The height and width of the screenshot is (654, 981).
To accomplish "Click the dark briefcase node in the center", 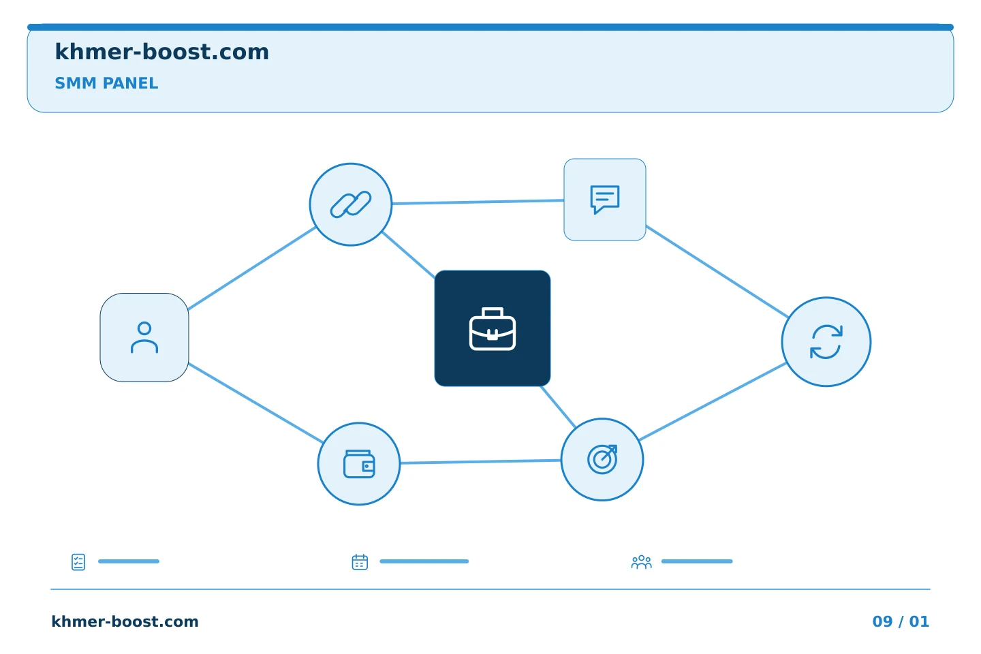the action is tap(493, 328).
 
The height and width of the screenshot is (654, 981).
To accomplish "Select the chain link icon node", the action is tap(350, 204).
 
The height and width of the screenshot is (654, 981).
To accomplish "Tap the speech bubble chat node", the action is tap(605, 200).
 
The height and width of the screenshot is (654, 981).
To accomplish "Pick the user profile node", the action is tap(144, 337).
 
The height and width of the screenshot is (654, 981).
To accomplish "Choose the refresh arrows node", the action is tap(826, 342).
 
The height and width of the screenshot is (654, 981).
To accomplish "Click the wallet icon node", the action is tap(358, 463).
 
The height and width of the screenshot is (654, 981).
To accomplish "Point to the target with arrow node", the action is tap(602, 460).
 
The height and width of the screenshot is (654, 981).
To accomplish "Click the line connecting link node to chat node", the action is tap(478, 202).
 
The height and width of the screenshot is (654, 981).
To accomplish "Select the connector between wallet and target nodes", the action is tap(480, 462).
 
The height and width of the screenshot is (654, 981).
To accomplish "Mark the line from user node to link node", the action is tap(252, 268).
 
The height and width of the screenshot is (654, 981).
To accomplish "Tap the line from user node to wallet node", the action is tap(255, 403).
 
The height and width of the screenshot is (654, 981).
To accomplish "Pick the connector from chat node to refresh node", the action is tap(717, 271).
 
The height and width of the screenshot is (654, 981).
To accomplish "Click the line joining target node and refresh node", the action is tap(713, 401).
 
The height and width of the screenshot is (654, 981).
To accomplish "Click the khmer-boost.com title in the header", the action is tap(161, 52).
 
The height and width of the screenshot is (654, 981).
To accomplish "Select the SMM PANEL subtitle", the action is tap(106, 83).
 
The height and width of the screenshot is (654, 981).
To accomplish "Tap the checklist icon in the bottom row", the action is tap(78, 562).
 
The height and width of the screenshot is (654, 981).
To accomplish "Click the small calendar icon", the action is tap(360, 562).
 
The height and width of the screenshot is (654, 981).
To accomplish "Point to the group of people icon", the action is tap(642, 562).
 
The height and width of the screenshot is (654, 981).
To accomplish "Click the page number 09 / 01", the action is tap(901, 621).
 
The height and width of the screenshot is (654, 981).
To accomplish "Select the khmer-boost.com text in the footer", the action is tap(125, 621).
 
